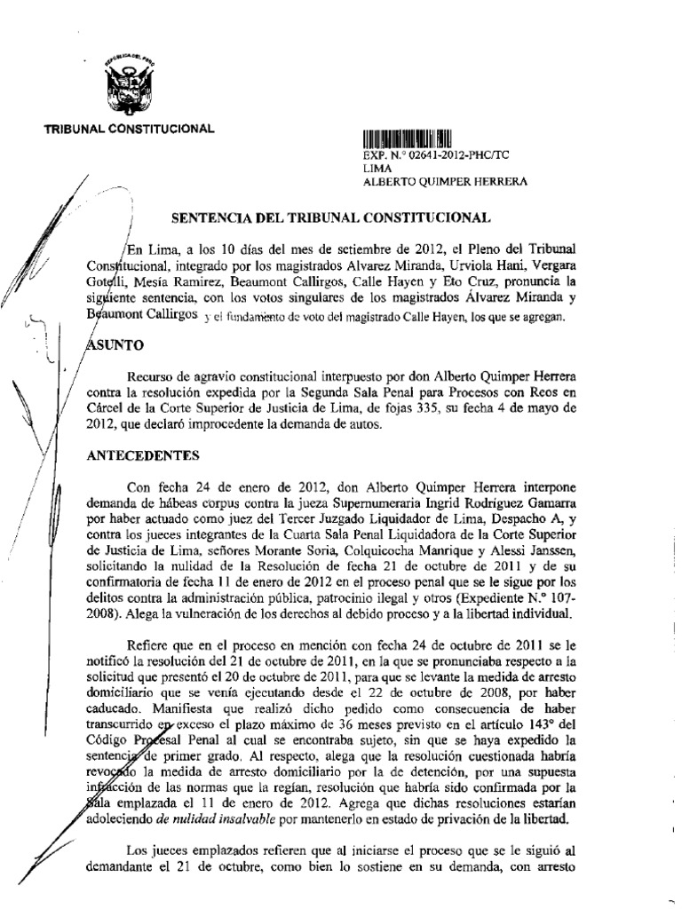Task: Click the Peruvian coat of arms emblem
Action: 128,87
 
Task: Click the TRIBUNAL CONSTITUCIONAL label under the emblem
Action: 130,129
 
